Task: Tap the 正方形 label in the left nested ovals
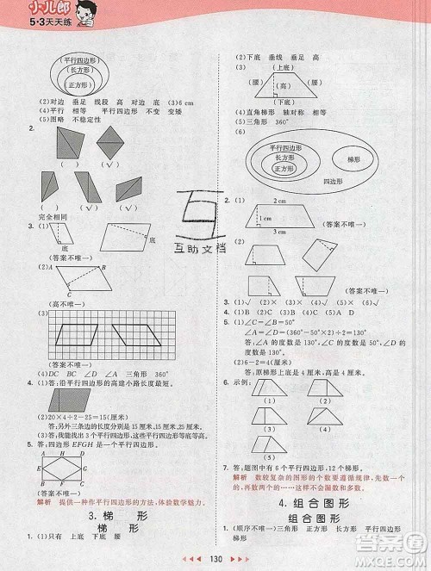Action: (83, 85)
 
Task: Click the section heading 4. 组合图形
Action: (318, 501)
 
